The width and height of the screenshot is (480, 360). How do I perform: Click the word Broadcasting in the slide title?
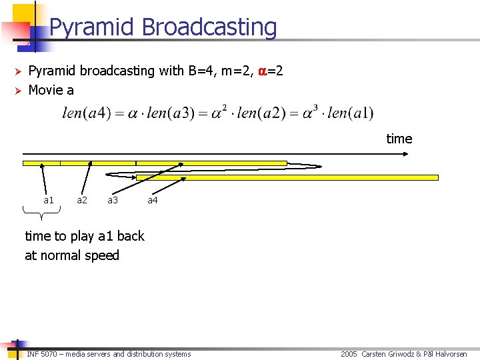(x=209, y=28)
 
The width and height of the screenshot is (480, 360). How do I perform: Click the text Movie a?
(x=51, y=89)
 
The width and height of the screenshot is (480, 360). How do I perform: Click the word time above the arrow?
(x=399, y=139)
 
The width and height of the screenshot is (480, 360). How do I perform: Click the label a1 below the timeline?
(x=49, y=200)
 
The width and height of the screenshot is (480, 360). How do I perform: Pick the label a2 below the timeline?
(x=82, y=200)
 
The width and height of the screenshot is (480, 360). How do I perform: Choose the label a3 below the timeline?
(x=113, y=200)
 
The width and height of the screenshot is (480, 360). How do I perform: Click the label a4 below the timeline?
(x=153, y=200)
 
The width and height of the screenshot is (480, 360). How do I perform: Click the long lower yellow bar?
(x=287, y=177)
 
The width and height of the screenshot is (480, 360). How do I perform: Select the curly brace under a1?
(x=41, y=213)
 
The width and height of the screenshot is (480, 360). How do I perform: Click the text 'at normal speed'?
(x=72, y=255)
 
